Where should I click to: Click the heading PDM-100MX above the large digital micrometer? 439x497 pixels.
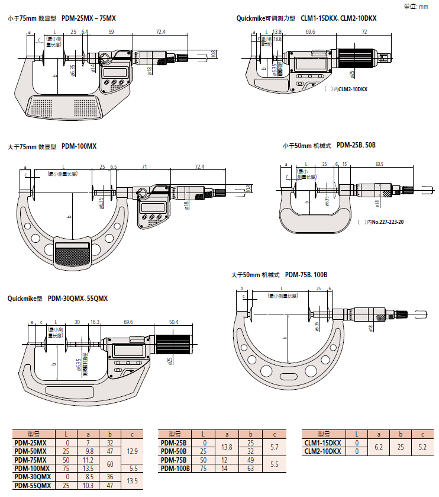79,146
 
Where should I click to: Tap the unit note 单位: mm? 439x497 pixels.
415,7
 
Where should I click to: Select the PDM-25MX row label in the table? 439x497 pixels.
34,443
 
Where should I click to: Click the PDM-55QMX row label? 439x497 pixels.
34,485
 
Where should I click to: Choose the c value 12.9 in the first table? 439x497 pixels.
131,451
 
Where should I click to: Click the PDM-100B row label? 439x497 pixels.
176,468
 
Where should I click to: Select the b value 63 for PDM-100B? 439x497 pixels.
251,468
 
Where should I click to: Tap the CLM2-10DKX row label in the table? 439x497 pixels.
322,451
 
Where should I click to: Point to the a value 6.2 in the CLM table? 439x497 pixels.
377,447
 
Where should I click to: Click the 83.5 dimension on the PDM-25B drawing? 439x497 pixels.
379,164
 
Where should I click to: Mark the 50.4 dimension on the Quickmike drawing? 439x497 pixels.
173,322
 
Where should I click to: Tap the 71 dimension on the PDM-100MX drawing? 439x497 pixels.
144,167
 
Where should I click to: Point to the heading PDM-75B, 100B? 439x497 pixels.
306,275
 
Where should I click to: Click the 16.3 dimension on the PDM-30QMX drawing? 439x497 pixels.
95,322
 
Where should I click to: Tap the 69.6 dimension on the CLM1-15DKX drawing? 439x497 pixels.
310,31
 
